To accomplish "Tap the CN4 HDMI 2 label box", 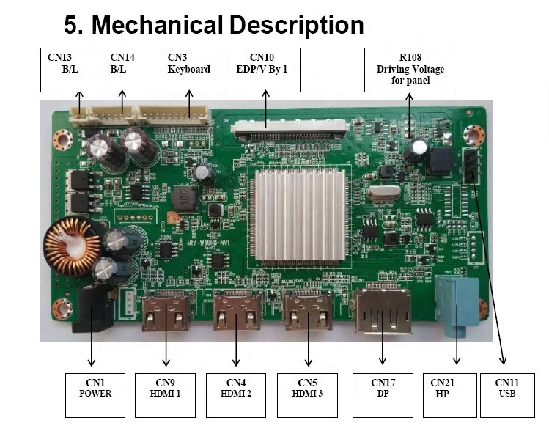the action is (236, 395).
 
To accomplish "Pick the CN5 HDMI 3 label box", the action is (308, 395).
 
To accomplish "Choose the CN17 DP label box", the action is (383, 395).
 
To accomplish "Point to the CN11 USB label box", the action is (506, 395).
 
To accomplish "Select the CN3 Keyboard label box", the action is (192, 70).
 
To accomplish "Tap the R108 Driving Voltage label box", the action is (410, 70).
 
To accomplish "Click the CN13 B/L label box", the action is (72, 70).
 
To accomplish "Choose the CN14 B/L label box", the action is (132, 70).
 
